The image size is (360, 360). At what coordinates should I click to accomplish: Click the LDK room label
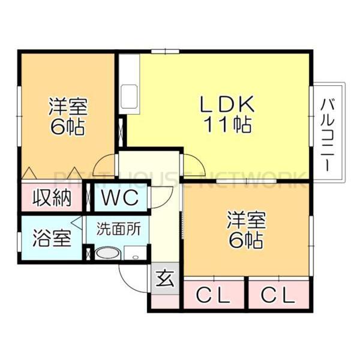click(227, 104)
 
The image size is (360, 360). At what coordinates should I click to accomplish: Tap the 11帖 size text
click(228, 125)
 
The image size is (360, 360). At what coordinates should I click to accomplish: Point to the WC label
click(119, 196)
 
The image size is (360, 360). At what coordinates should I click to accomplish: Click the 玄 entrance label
click(164, 279)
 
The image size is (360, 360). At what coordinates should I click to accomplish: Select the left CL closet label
click(213, 295)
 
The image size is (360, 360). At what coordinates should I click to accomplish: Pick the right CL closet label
click(279, 295)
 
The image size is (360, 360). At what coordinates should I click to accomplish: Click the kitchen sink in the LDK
click(129, 96)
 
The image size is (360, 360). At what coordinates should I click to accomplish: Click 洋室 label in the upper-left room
click(68, 108)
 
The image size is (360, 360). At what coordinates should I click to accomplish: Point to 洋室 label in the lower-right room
click(245, 220)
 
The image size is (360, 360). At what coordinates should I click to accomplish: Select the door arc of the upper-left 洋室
click(106, 164)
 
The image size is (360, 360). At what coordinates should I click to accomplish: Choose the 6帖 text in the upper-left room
click(68, 127)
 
